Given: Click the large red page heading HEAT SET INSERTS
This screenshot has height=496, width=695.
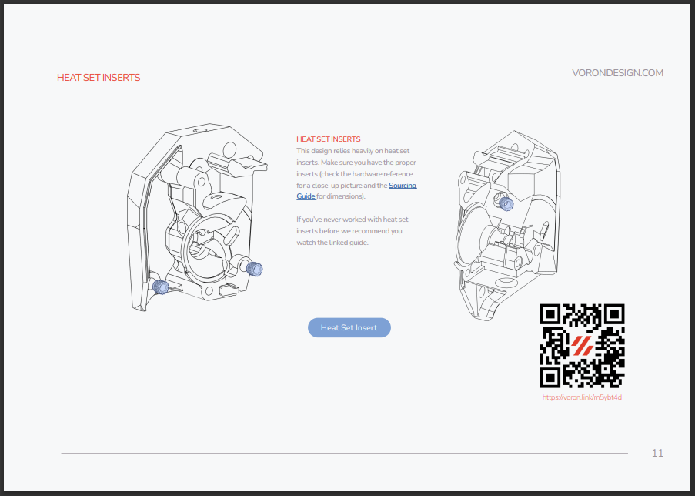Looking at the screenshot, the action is click(99, 78).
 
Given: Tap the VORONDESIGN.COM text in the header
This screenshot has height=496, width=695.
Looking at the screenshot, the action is click(617, 73).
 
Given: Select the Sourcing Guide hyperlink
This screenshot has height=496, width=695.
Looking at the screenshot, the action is click(356, 191).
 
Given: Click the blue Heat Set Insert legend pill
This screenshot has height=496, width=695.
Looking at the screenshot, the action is click(349, 327).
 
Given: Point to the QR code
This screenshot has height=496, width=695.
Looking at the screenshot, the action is click(582, 346).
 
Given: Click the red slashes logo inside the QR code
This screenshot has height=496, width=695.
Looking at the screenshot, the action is click(582, 346).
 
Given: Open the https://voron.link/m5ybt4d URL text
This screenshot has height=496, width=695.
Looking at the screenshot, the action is click(582, 397).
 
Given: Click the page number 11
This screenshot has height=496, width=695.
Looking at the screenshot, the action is click(657, 453).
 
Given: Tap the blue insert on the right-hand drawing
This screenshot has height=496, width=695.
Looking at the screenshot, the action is click(506, 204).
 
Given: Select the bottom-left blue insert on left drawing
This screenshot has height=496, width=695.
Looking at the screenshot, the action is click(159, 287).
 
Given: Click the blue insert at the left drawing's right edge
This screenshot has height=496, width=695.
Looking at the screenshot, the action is click(255, 269).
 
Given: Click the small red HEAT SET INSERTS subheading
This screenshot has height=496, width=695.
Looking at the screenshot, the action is click(329, 139).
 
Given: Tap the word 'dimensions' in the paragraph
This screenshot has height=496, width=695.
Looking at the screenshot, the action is click(345, 196).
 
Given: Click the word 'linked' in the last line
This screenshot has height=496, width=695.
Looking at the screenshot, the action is click(338, 243).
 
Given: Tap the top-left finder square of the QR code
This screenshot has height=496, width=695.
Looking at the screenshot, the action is click(550, 314).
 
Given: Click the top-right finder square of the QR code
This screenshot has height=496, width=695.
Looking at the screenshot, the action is click(614, 314).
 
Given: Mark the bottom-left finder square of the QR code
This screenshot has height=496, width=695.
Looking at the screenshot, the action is click(550, 378).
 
